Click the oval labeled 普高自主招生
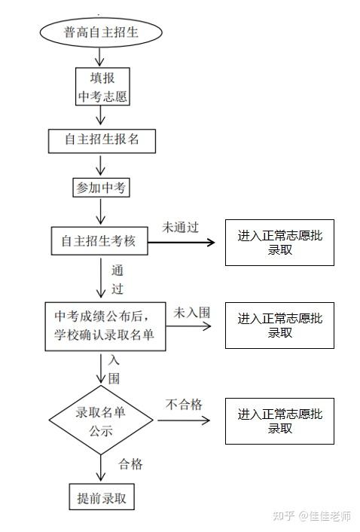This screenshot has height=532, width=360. coord(101,32)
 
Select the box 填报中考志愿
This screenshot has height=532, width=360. coord(102,87)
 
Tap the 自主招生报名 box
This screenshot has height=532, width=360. coord(102,141)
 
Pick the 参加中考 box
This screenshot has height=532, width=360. coord(102,188)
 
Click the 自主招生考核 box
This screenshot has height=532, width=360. coord(99,241)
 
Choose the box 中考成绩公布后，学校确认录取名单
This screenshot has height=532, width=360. coord(105,326)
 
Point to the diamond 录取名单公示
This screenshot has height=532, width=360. coord(101,420)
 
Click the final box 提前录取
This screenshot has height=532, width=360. coord(102,497)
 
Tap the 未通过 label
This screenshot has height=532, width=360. coord(180,228)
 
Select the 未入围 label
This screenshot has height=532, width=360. coord(192,313)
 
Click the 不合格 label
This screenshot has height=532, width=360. coord(184,405)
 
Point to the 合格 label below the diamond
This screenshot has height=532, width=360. coord(130,463)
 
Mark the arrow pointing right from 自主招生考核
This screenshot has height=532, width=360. coord(182,242)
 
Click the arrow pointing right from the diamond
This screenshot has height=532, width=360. coord(184,420)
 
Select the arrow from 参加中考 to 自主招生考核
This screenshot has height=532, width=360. coord(101,212)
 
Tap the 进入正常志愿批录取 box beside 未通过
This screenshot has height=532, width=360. coord(279,243)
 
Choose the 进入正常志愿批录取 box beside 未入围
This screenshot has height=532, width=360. coord(279,326)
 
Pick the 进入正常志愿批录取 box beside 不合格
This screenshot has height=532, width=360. coord(279,421)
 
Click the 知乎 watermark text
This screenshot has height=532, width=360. coord(284,515)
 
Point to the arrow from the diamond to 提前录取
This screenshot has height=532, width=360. coord(101,468)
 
